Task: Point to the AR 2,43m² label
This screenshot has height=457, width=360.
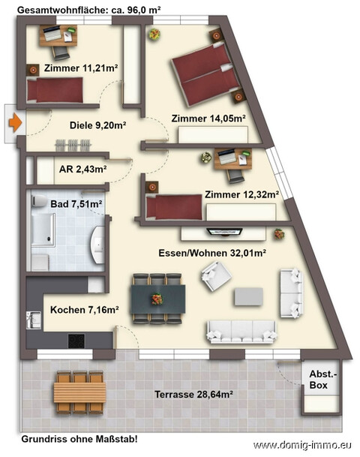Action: click(x=82, y=169)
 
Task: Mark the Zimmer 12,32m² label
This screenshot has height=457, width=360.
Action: click(x=241, y=194)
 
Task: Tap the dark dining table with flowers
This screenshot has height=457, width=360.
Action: click(x=157, y=298)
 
